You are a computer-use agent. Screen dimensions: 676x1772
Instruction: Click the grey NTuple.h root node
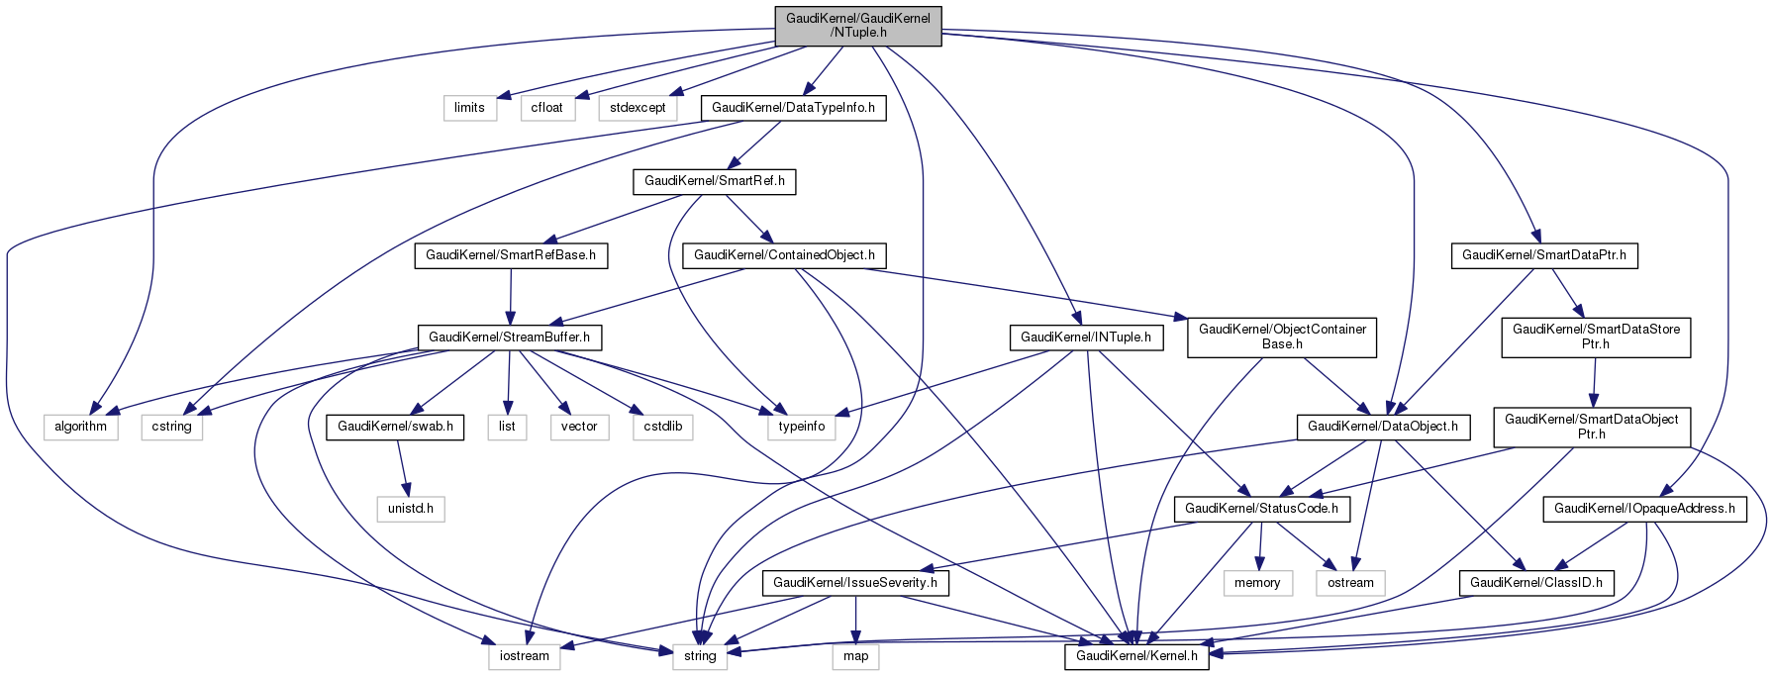tap(857, 26)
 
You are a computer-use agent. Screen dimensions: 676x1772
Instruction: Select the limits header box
tap(469, 107)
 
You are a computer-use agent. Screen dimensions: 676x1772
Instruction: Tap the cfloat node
tap(546, 107)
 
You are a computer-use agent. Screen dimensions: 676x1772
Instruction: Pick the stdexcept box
tap(638, 107)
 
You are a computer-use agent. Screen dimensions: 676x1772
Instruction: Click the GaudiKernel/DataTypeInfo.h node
tap(793, 107)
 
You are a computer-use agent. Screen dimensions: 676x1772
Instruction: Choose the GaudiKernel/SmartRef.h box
tap(714, 181)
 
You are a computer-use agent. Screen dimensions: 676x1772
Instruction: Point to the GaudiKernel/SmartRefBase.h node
tap(510, 255)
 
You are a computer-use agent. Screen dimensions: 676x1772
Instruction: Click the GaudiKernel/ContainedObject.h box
tap(784, 255)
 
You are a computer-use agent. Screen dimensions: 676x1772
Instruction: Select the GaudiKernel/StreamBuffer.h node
tap(509, 338)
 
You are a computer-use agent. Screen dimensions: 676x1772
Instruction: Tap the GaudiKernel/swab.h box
tap(395, 427)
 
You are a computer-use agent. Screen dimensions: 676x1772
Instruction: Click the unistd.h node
tap(411, 509)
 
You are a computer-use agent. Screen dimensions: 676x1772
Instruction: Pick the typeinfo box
tap(801, 427)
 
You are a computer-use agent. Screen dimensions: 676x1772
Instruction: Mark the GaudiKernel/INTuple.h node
tap(1085, 338)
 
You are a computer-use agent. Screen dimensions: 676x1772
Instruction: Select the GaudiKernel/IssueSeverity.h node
tap(855, 583)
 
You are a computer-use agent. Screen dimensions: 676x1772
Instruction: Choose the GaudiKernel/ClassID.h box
tap(1535, 583)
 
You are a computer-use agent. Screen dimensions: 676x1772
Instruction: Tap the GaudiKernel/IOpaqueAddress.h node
tap(1643, 509)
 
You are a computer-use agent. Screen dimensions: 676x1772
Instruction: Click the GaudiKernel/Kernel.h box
tap(1136, 656)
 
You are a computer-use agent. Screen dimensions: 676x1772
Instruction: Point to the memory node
tap(1257, 583)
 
